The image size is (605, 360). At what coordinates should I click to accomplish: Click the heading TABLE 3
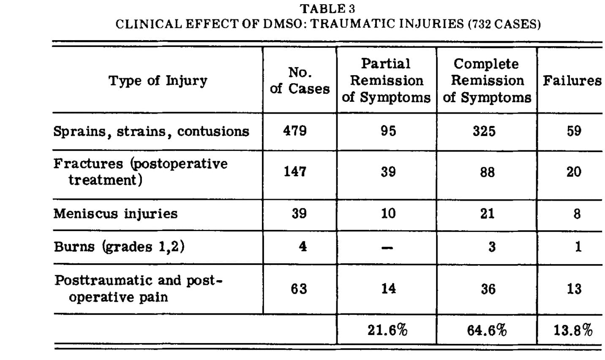click(327, 8)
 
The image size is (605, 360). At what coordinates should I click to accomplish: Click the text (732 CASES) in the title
click(504, 24)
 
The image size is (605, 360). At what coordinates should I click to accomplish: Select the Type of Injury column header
click(158, 80)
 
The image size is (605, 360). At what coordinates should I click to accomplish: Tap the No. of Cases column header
click(300, 80)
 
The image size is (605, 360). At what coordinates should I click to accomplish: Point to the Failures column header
click(572, 80)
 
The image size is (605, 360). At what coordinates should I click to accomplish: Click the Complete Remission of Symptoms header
click(487, 80)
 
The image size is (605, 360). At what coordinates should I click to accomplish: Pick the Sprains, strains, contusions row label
click(151, 131)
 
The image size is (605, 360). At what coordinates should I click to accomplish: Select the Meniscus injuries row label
click(115, 213)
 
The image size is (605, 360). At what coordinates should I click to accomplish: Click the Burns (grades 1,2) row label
click(119, 246)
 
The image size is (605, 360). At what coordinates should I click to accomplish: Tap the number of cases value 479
click(295, 131)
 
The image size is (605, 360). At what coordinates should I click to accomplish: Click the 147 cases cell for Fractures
click(295, 172)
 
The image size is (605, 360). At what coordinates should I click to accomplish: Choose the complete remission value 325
click(484, 131)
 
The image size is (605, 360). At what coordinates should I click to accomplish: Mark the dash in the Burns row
click(387, 248)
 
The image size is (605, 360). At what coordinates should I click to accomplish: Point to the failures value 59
click(574, 131)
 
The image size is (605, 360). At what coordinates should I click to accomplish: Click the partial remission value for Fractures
click(388, 172)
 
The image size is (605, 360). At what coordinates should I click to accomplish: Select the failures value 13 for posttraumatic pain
click(574, 289)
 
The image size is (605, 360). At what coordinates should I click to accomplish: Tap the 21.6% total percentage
click(387, 330)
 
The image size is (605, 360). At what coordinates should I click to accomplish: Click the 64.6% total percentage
click(487, 330)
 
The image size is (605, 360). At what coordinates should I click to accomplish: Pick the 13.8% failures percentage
click(573, 330)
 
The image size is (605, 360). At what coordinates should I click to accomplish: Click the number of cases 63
click(299, 289)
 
